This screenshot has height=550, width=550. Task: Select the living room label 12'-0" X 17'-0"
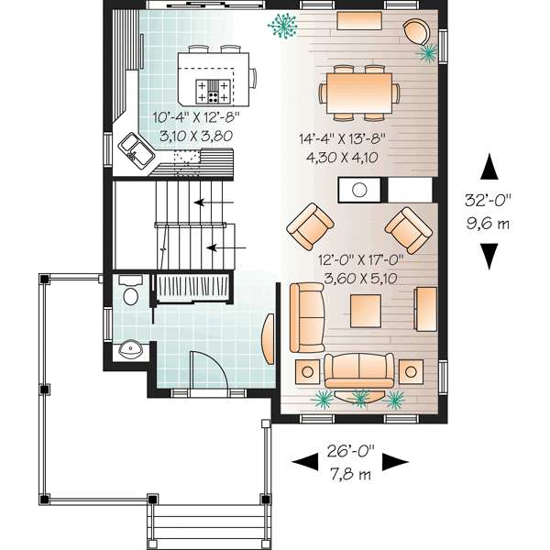tap(359, 259)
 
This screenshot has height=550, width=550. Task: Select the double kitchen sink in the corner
tap(140, 149)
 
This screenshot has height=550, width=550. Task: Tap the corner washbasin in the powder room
tap(128, 349)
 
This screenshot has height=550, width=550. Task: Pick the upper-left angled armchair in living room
tap(310, 225)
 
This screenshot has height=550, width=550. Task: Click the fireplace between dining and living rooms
tap(360, 191)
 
